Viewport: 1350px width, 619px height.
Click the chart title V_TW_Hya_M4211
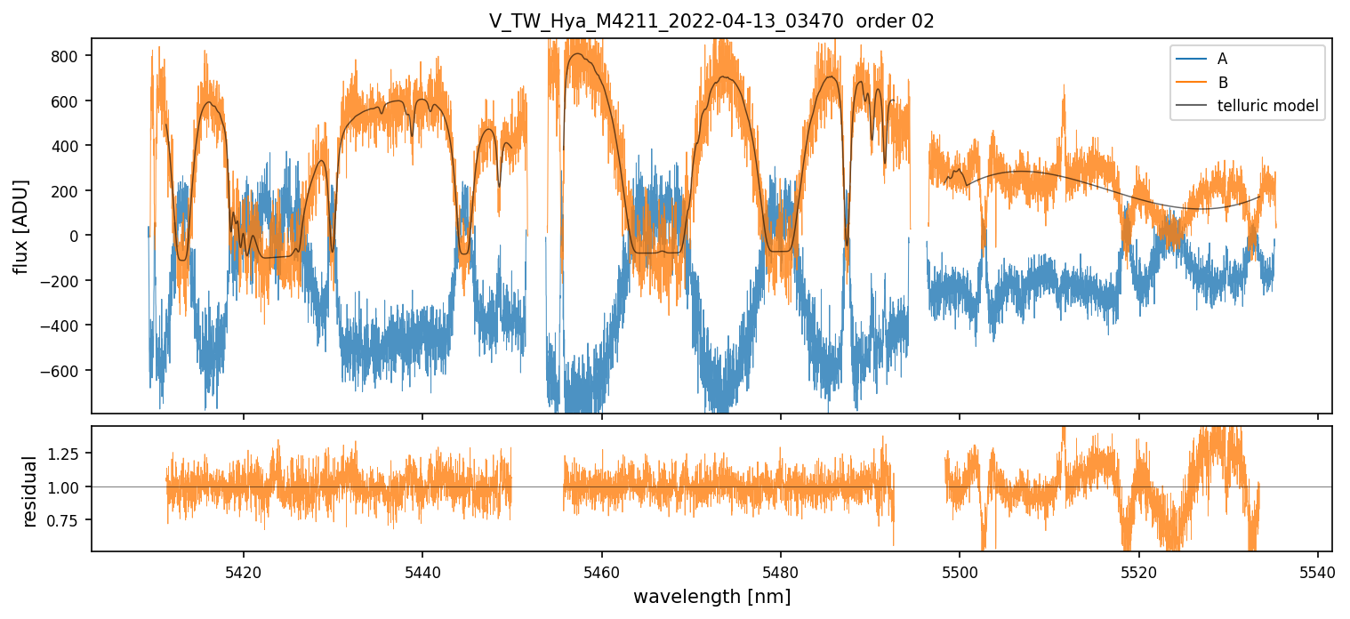pos(711,21)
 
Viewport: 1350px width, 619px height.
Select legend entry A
pos(1222,59)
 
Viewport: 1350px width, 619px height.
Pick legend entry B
pos(1222,83)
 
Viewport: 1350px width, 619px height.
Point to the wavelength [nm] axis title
pos(711,596)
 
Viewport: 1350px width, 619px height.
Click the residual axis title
pos(29,491)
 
